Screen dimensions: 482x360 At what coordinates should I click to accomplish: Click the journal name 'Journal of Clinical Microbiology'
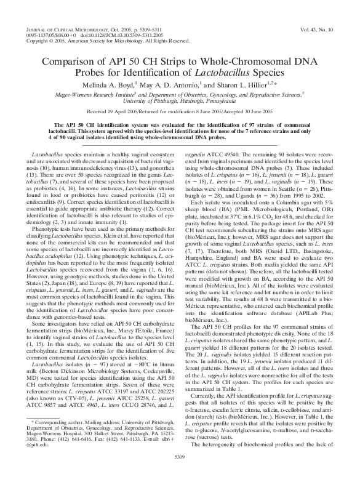68,29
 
